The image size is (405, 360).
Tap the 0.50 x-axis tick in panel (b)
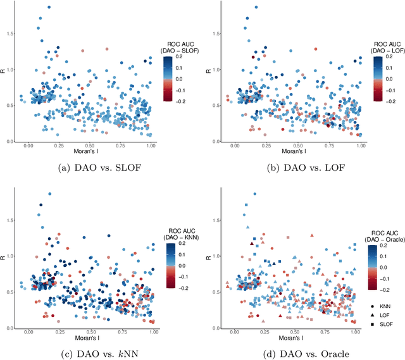click(297, 146)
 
